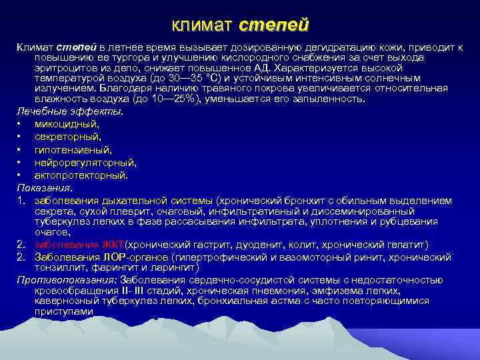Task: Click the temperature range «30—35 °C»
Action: pos(199,78)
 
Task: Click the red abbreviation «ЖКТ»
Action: pos(113,243)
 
